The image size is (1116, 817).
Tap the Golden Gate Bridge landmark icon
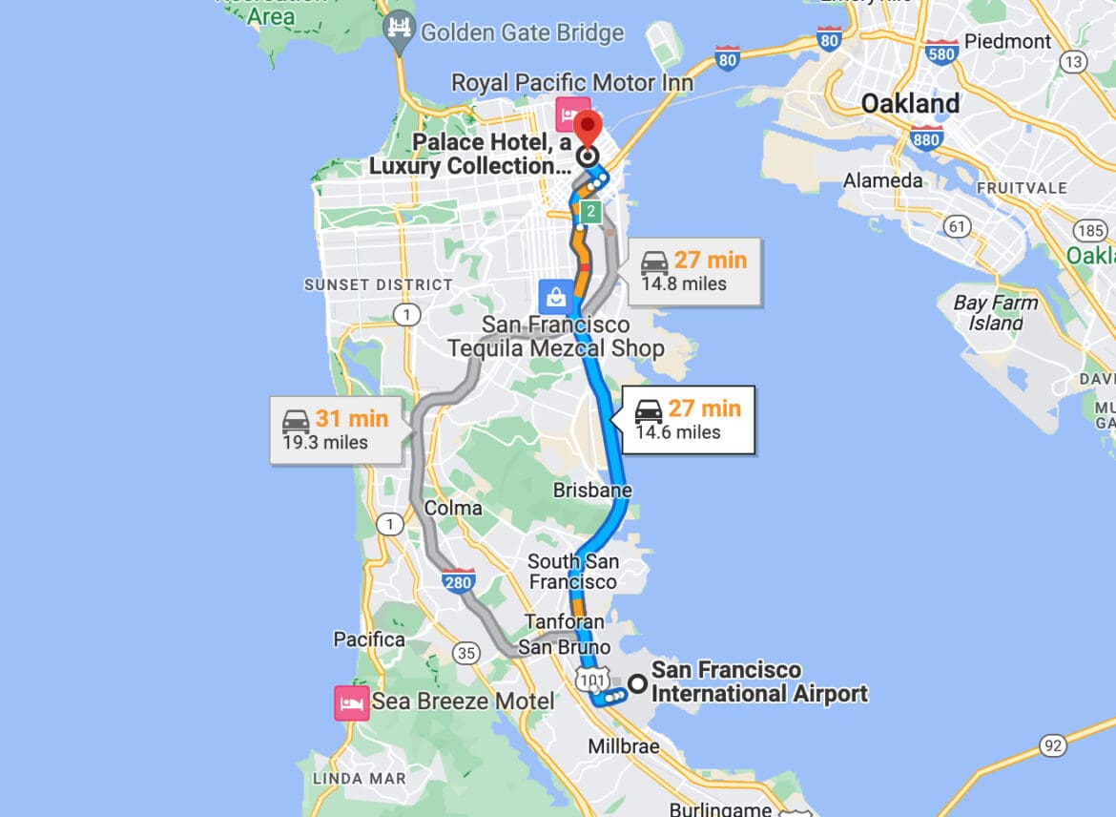[399, 31]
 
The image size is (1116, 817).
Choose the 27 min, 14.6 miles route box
[688, 419]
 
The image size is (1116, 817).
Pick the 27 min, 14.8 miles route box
[693, 270]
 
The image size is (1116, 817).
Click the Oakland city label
[910, 103]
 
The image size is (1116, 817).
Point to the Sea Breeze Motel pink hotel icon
[349, 702]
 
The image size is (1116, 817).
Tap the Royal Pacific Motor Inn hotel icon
[572, 115]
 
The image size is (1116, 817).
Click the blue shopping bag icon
[556, 296]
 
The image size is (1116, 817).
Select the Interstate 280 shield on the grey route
[459, 580]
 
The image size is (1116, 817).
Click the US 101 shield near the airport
[588, 677]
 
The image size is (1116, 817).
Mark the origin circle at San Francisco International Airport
[636, 683]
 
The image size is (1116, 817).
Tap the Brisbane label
[592, 491]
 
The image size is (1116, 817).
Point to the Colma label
[453, 508]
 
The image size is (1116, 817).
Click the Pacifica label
[369, 639]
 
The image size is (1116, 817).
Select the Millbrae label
[623, 745]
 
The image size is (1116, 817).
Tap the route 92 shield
[1052, 745]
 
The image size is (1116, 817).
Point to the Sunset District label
[379, 284]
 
